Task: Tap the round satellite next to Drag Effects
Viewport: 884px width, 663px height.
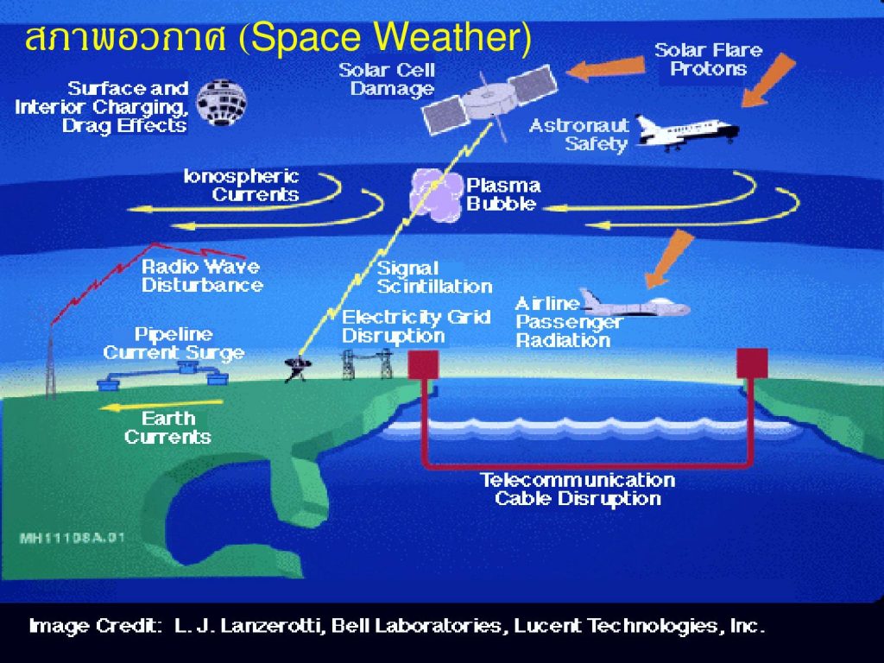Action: tap(221, 102)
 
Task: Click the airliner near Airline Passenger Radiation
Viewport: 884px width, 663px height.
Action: tap(635, 305)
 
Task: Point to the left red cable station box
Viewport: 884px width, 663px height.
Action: tap(423, 364)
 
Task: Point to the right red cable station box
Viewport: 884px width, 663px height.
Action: tap(752, 363)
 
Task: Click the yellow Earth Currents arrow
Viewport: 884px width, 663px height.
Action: tap(161, 405)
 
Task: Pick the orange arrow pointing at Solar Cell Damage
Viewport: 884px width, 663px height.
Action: tap(605, 68)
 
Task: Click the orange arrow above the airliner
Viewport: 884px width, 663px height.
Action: tap(669, 258)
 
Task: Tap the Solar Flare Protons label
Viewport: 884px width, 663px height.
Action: tap(709, 60)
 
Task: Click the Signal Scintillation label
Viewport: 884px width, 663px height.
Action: tap(434, 277)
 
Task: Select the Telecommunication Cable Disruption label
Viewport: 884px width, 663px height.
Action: tap(578, 489)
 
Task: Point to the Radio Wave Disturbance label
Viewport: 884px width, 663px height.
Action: tap(202, 275)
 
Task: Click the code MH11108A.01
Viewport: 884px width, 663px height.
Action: tap(72, 538)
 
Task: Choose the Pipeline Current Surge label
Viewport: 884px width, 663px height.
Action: tap(174, 344)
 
